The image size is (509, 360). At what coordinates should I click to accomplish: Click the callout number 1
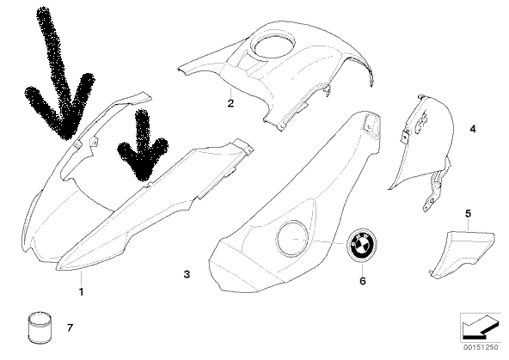pyautogui.click(x=82, y=291)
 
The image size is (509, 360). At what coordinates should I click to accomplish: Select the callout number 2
pyautogui.click(x=230, y=103)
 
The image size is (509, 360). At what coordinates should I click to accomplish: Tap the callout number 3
pyautogui.click(x=187, y=274)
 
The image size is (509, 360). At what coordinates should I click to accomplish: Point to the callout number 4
pyautogui.click(x=473, y=129)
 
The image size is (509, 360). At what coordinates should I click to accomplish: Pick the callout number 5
pyautogui.click(x=468, y=214)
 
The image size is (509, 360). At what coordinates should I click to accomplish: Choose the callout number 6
pyautogui.click(x=363, y=281)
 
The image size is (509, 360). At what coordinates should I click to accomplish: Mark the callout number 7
pyautogui.click(x=71, y=328)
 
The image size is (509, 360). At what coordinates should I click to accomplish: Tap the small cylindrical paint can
pyautogui.click(x=40, y=327)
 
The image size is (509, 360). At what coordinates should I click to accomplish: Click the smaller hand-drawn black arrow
pyautogui.click(x=142, y=146)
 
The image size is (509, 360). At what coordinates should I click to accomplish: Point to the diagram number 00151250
pyautogui.click(x=481, y=347)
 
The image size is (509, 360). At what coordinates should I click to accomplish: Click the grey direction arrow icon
pyautogui.click(x=480, y=326)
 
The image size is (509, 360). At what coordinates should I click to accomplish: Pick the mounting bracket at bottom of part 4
pyautogui.click(x=434, y=192)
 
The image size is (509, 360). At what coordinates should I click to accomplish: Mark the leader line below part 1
pyautogui.click(x=82, y=278)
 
